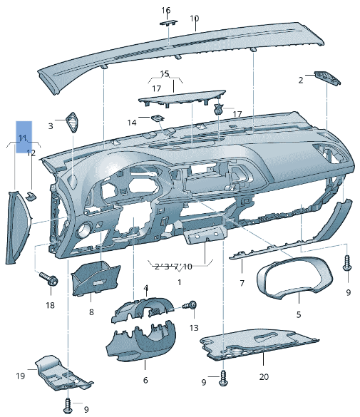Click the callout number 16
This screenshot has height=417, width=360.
(166, 10)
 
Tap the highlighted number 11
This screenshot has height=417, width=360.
(23, 137)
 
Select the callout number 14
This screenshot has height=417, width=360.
(132, 123)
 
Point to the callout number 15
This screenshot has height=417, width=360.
(165, 73)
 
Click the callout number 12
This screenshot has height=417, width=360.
(31, 153)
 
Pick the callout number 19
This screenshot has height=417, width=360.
(21, 375)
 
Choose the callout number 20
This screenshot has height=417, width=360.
(264, 376)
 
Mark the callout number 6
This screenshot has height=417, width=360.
(145, 380)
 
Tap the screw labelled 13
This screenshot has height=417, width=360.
(192, 305)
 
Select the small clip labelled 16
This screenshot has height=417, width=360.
(169, 22)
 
